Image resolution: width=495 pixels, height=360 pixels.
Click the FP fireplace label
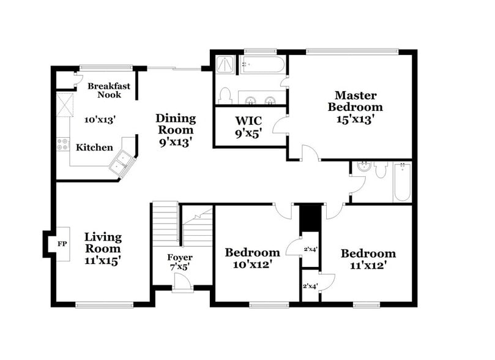pos(62,243)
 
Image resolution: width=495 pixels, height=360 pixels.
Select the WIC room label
pos(249,120)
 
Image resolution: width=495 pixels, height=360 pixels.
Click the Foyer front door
pos(182,283)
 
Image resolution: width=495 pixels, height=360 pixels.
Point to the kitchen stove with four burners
pos(63,144)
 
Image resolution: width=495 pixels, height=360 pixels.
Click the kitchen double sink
pos(122,163)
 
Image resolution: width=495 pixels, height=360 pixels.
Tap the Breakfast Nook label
pos(108,91)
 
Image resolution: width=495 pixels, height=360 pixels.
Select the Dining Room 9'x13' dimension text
pos(176,142)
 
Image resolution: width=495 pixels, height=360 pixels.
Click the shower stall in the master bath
pos(225,63)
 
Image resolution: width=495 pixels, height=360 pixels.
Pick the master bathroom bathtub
pos(262,64)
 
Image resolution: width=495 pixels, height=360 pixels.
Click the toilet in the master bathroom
pos(225,96)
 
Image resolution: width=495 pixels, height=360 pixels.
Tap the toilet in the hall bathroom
pos(381,170)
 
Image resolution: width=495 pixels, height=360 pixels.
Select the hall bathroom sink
pos(363,167)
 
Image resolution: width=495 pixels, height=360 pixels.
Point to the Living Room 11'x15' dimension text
pos(102,260)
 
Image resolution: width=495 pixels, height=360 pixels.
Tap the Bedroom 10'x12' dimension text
pos(252,264)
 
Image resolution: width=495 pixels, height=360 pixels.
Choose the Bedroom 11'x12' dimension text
pos(368,265)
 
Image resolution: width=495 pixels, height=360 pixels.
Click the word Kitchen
pos(94,148)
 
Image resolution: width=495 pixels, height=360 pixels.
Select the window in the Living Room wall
pos(104,304)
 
